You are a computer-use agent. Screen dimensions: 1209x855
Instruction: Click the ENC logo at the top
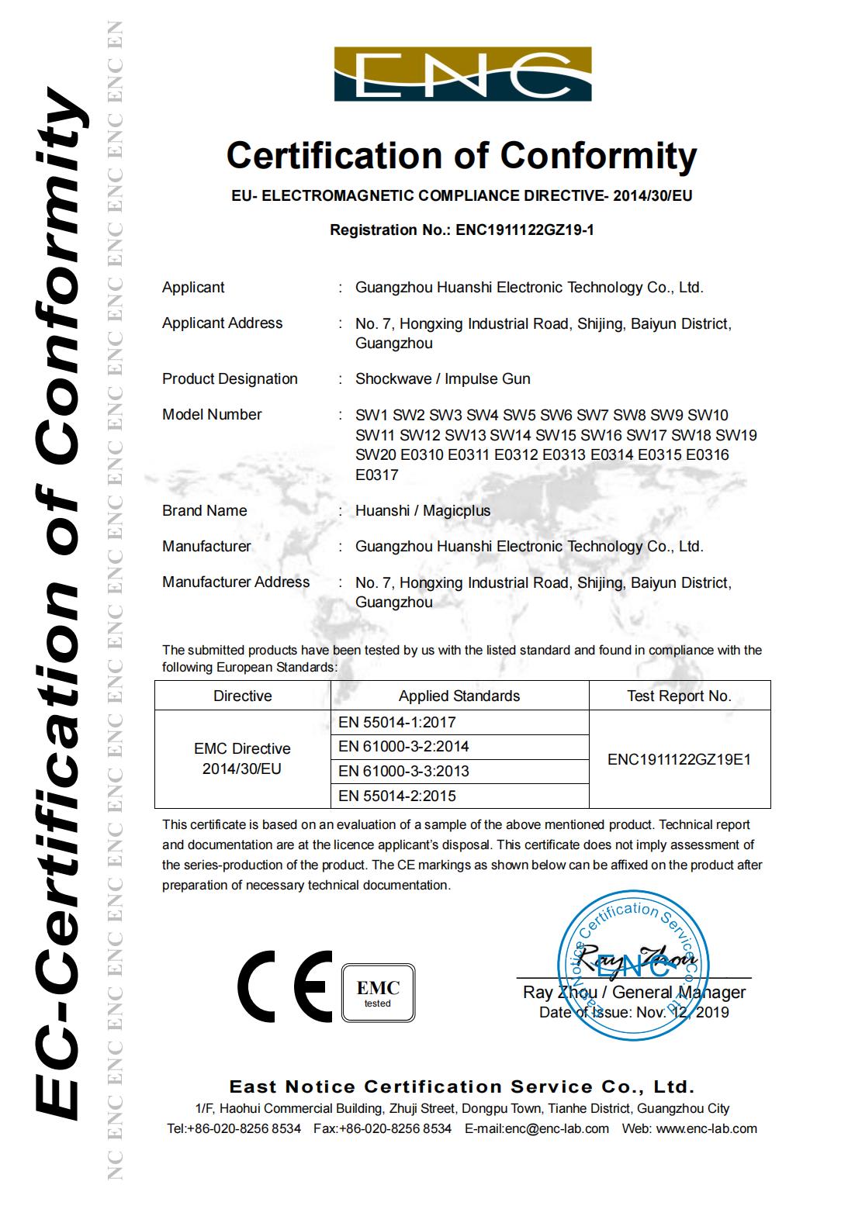[462, 74]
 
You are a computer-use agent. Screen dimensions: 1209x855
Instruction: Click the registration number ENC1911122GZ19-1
[524, 230]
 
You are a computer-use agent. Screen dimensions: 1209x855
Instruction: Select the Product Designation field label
[230, 378]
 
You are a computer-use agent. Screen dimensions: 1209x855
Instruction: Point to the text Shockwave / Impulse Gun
[442, 378]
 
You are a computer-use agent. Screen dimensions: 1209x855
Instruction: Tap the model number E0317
[376, 475]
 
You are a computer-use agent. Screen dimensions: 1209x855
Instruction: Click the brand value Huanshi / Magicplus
[423, 510]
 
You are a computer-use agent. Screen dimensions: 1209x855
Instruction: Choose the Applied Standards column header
[459, 696]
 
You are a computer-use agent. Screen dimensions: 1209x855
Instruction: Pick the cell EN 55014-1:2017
[397, 722]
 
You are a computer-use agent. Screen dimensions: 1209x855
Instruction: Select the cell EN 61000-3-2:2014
[403, 746]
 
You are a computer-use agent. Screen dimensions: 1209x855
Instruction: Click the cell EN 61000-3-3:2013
[403, 771]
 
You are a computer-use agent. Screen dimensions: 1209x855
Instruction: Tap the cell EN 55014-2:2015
[397, 796]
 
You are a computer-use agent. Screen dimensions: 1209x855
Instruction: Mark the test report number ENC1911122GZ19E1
[679, 759]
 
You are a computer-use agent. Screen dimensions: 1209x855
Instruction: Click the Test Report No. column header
[679, 696]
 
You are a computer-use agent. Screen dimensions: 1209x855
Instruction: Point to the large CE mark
[285, 986]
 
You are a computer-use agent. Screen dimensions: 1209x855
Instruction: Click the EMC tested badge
[378, 993]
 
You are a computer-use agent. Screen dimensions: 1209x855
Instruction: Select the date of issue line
[634, 1012]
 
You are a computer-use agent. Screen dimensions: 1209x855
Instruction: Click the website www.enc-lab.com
[706, 1128]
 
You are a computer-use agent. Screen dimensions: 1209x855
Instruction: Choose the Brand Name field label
[204, 510]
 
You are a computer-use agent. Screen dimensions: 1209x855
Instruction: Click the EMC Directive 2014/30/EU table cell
[242, 758]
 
